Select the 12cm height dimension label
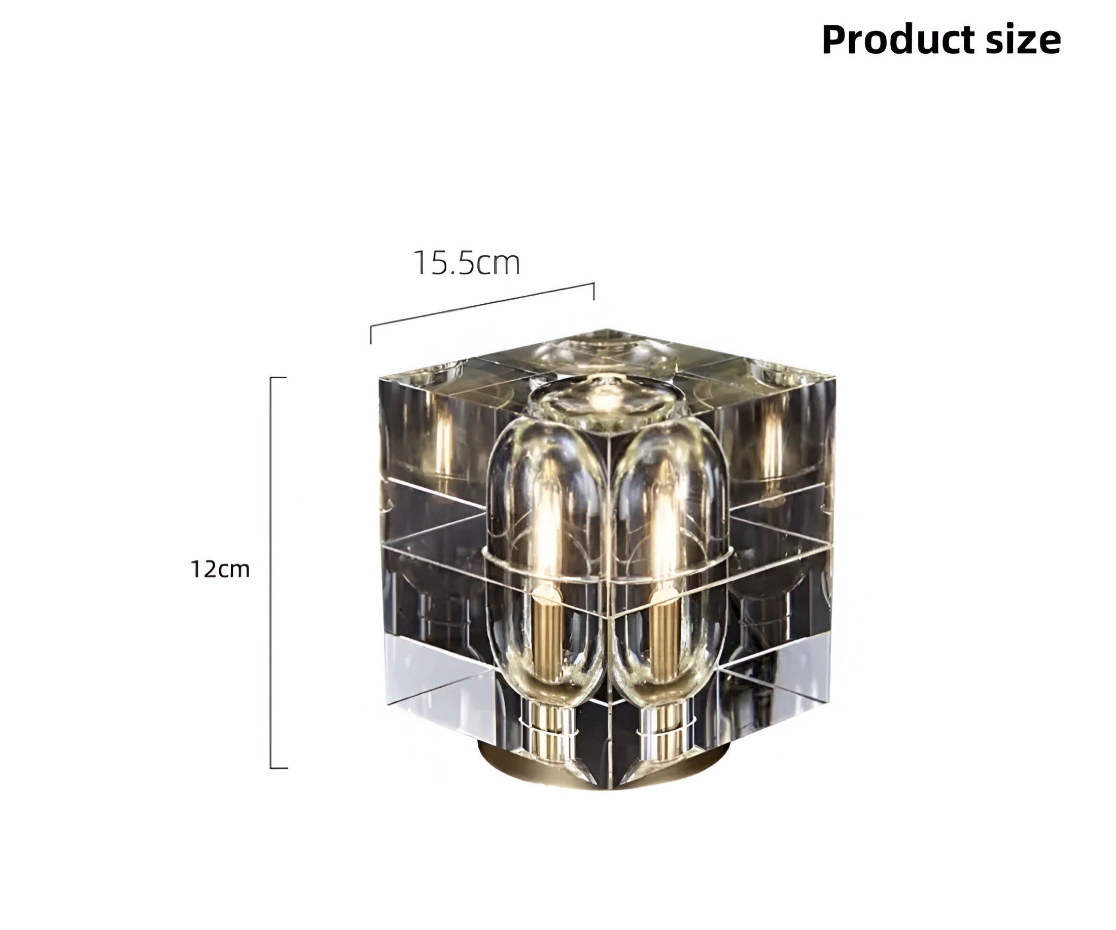[220, 569]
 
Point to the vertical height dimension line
[271, 573]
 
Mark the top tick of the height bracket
[278, 378]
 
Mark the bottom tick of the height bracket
[278, 767]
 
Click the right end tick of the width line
[594, 292]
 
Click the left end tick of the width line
[370, 334]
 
